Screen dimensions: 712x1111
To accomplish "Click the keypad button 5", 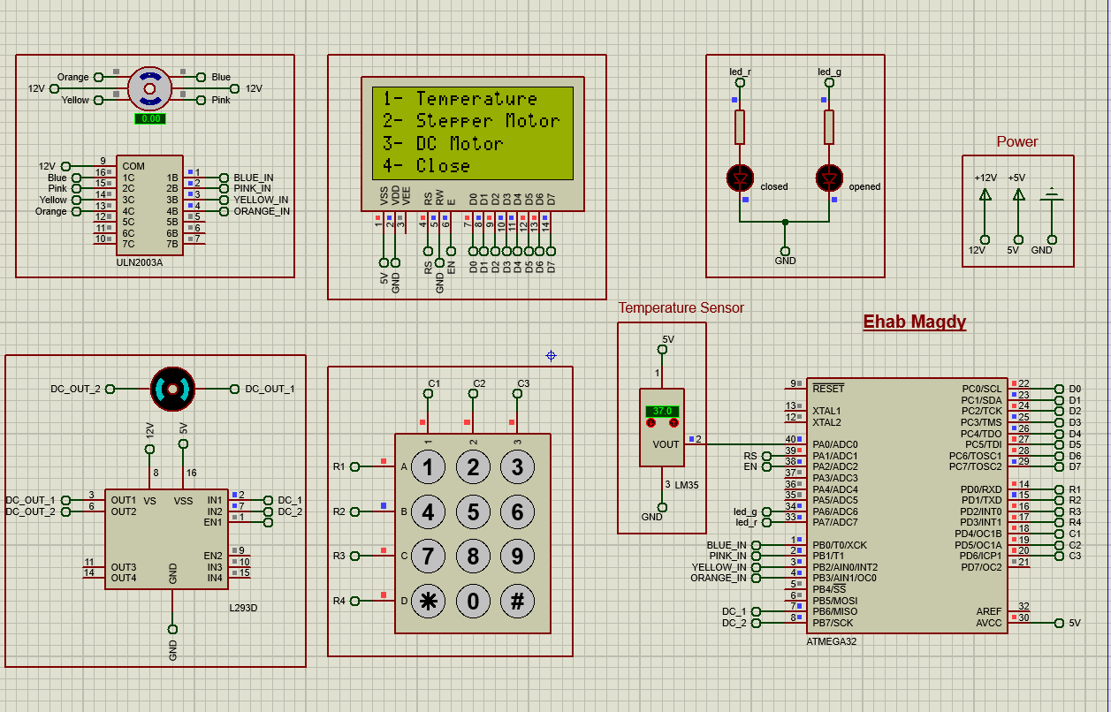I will [x=473, y=511].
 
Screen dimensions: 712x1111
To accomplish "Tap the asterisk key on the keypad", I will [x=429, y=602].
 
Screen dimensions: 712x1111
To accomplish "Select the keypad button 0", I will [x=473, y=602].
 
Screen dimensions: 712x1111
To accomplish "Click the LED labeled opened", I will [x=828, y=178].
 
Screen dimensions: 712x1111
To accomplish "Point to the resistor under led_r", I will [x=740, y=127].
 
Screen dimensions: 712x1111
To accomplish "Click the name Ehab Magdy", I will [x=914, y=322].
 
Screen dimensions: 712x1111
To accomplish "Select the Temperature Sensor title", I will [x=681, y=308].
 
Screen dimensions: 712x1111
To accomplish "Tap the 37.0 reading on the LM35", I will [x=661, y=412].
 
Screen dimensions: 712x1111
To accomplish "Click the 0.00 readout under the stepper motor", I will [x=150, y=118].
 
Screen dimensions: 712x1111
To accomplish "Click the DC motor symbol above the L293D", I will [x=171, y=389].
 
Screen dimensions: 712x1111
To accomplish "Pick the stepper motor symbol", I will [x=149, y=88].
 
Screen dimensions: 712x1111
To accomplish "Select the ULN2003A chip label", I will [x=140, y=262].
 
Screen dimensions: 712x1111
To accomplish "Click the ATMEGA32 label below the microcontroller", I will [x=831, y=641].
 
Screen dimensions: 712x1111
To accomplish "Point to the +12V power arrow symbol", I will [x=985, y=195].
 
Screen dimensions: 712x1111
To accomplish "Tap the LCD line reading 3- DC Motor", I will [x=442, y=143].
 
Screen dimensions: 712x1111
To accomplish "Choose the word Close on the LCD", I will [x=443, y=165].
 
